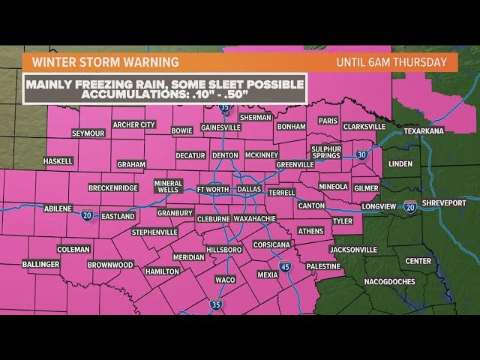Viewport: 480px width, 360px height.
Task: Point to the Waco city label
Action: coord(226,279)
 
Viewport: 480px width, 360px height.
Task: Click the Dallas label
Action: coord(249,190)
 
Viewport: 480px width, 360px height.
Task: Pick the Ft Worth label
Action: coord(211,190)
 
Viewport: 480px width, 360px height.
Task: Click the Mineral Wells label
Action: coord(168,187)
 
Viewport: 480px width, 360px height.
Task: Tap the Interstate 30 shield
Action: coord(361,154)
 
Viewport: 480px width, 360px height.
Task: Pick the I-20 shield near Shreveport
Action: coord(409,205)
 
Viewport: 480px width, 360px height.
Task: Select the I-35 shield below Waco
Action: coord(216,305)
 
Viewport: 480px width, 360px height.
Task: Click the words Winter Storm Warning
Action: coord(100,61)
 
